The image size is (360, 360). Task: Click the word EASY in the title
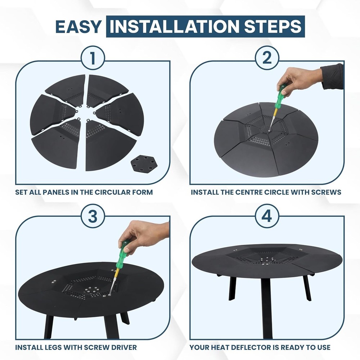(78, 27)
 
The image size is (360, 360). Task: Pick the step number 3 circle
(93, 216)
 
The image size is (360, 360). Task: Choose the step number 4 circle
(267, 216)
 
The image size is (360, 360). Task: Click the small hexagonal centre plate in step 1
(141, 165)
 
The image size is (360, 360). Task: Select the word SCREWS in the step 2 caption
(326, 192)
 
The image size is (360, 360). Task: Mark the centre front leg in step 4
(267, 306)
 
